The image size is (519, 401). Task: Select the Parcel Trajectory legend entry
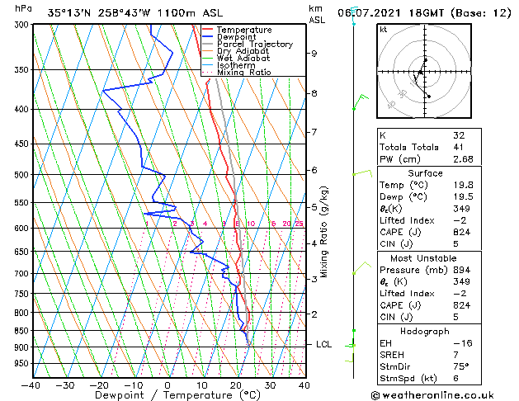click(x=254, y=45)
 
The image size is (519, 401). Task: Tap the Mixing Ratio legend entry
click(x=243, y=73)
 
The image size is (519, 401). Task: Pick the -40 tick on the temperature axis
click(x=31, y=384)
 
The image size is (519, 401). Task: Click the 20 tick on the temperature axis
click(x=236, y=384)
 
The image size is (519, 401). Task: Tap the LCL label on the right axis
click(x=323, y=344)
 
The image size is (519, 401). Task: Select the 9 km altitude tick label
click(x=314, y=54)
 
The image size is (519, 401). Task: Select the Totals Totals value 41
click(x=459, y=147)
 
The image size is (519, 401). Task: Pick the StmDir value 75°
click(x=460, y=366)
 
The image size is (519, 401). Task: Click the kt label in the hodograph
click(x=384, y=29)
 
